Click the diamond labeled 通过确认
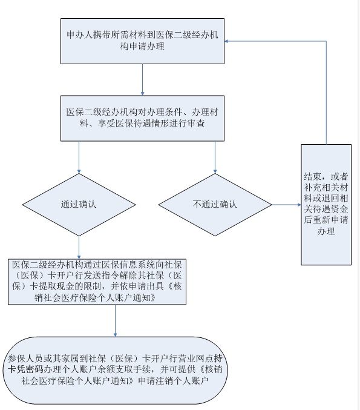click(79, 205)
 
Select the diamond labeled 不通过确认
click(215, 205)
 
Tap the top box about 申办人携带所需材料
click(142, 41)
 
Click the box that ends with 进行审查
click(142, 118)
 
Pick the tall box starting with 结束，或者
click(326, 205)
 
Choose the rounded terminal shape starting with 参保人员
click(115, 370)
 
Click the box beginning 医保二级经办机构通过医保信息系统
click(97, 282)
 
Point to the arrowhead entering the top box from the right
click(226, 41)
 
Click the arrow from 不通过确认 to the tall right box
click(286, 205)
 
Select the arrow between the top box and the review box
click(142, 80)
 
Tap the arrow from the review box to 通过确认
click(79, 157)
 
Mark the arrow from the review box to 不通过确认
click(215, 157)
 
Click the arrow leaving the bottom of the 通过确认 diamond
click(79, 248)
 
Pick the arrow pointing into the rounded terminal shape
click(115, 321)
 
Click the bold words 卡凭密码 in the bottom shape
click(25, 369)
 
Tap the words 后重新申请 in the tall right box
click(326, 220)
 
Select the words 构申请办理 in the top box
click(142, 46)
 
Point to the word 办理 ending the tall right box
click(326, 231)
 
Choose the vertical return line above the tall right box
click(326, 93)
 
